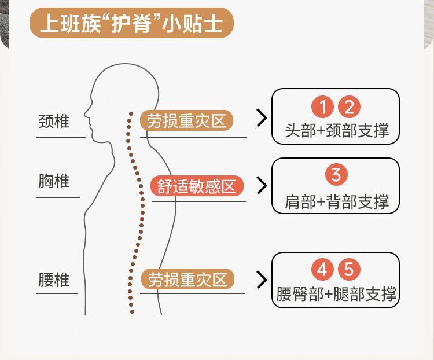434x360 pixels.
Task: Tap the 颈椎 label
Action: click(x=54, y=122)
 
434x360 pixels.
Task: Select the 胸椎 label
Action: click(x=54, y=181)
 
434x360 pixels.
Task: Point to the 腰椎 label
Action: click(x=54, y=280)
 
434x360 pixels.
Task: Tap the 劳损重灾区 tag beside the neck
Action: click(x=186, y=121)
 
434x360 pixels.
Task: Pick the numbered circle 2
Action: click(x=348, y=107)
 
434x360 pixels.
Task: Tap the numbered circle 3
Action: click(x=336, y=174)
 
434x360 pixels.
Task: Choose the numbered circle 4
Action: click(x=323, y=270)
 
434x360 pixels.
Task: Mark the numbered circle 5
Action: click(x=348, y=270)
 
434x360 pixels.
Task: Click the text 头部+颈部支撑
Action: click(x=336, y=130)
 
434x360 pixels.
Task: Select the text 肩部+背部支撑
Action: click(x=336, y=201)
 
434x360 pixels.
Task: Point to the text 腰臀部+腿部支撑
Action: click(x=336, y=294)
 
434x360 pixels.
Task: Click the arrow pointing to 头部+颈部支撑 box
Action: click(x=262, y=118)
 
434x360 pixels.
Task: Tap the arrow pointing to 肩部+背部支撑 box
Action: click(x=262, y=185)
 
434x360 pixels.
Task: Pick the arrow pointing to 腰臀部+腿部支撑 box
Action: click(x=262, y=280)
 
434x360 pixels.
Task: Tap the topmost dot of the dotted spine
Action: click(x=131, y=113)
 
